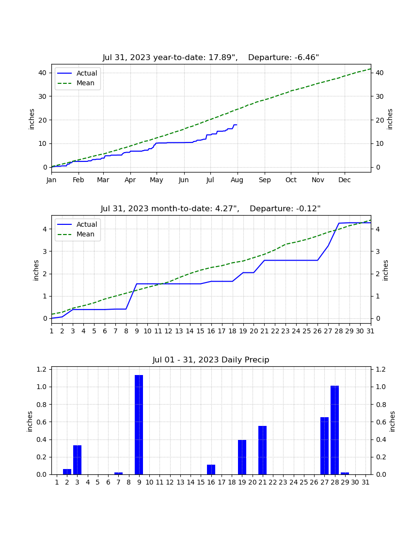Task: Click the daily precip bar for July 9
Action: point(139,424)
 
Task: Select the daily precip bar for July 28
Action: point(335,430)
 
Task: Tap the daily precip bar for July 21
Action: point(262,450)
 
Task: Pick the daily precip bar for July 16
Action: point(211,470)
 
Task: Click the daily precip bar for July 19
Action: point(242,457)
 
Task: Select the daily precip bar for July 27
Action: point(325,446)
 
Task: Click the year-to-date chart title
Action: point(211,58)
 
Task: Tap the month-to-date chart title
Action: point(211,209)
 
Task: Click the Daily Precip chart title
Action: point(211,360)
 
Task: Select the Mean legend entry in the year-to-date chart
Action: point(76,83)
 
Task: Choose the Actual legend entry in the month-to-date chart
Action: point(77,224)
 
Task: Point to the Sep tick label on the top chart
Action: point(265,180)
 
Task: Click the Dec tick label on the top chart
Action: point(344,180)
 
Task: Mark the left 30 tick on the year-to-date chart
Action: point(43,96)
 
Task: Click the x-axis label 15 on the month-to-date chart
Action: point(201,331)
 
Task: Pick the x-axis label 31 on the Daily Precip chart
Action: point(365,482)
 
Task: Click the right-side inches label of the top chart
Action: point(390,119)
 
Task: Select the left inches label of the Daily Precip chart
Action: point(30,422)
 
